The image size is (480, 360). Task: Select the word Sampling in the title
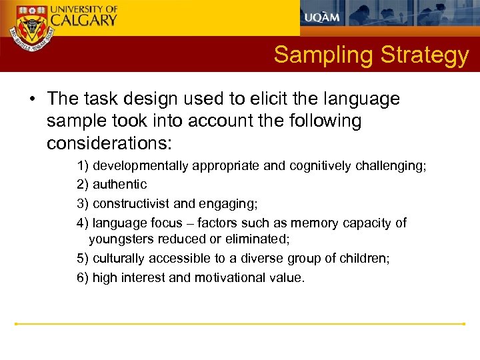pos(323,55)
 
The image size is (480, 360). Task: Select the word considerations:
pos(109,143)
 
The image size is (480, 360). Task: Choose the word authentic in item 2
pos(120,185)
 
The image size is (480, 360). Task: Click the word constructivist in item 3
pos(131,203)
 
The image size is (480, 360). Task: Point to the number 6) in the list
pos(83,278)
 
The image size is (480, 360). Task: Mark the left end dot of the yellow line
pos(17,324)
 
